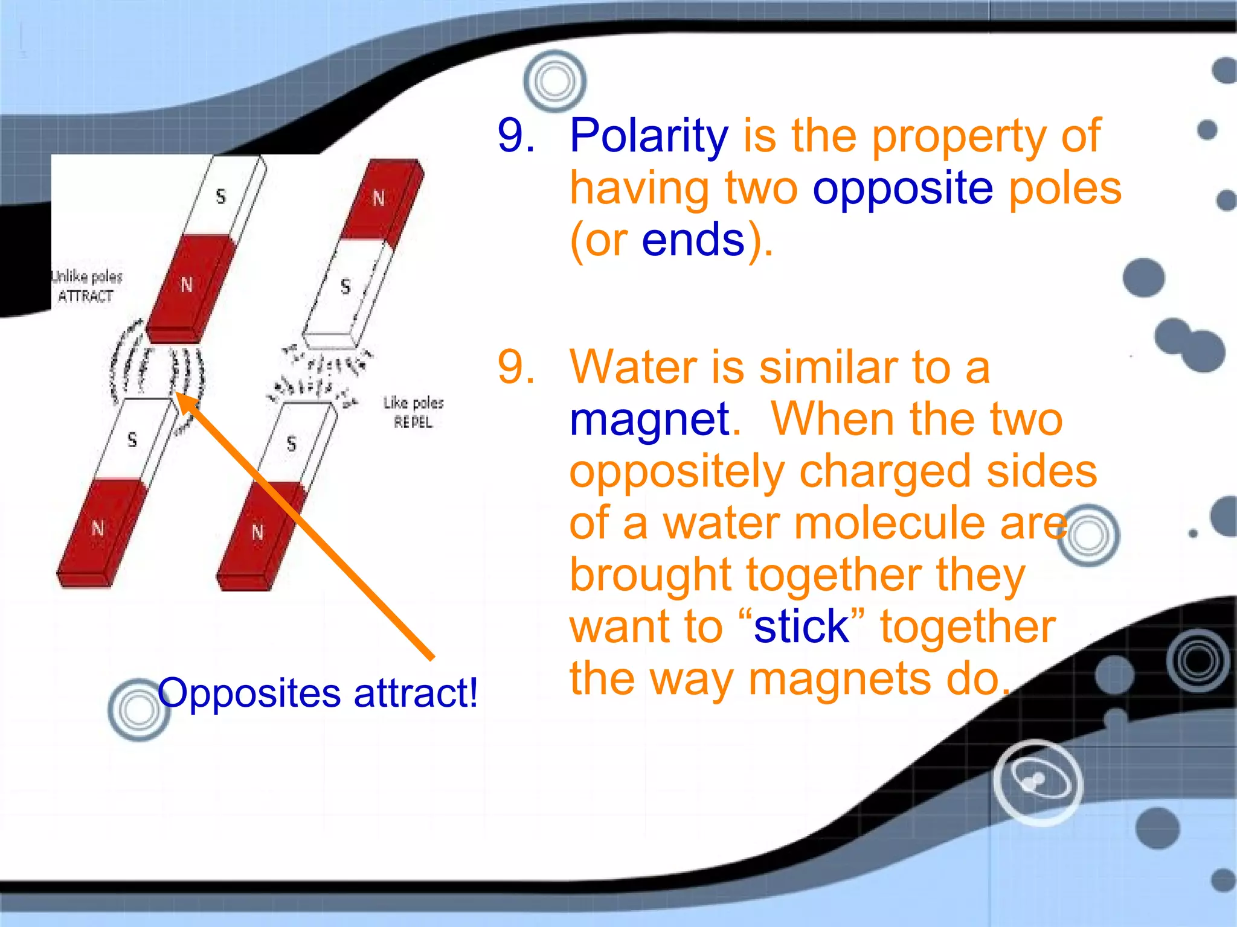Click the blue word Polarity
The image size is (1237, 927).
pos(649,137)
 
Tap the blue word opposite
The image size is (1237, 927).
pos(902,189)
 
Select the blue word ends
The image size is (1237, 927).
pos(693,240)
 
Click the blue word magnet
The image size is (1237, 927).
pos(649,419)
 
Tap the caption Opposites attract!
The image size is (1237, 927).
pos(318,693)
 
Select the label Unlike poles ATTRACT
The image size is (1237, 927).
pos(86,286)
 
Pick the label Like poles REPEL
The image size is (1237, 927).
pos(413,412)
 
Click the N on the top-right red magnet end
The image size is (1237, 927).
pos(379,198)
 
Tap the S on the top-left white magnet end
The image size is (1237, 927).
pos(220,196)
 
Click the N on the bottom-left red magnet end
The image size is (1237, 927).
pos(98,529)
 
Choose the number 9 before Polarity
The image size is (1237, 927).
pos(516,135)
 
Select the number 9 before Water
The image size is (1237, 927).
pos(516,367)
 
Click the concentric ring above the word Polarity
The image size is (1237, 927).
pos(554,81)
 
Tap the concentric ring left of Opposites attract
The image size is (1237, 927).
pos(138,710)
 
